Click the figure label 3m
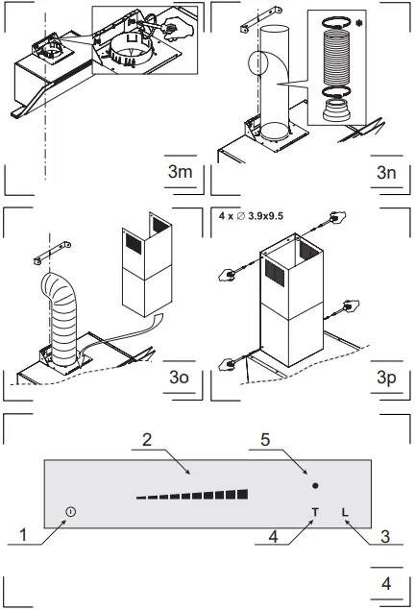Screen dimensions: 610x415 [180, 173]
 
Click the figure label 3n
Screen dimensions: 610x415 [387, 173]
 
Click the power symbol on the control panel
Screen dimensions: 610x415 [71, 512]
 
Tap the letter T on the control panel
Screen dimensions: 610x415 [314, 511]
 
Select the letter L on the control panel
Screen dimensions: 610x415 [344, 511]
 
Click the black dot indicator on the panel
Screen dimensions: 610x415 [316, 486]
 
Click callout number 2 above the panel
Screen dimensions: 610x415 [147, 440]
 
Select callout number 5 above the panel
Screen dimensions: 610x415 [265, 440]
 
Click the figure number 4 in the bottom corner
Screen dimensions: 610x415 [386, 583]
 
